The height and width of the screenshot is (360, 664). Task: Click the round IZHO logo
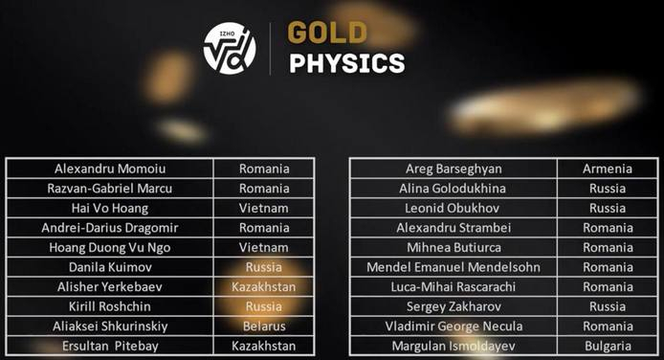230,48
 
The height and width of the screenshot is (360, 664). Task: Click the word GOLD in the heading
327,33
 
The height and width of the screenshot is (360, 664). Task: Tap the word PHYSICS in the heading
348,64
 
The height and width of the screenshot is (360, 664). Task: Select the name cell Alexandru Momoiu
110,169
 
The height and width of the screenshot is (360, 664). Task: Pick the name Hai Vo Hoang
110,208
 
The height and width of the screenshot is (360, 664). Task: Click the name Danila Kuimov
110,267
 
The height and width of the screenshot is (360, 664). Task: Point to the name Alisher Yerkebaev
110,286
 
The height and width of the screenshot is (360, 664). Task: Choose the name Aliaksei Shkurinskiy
110,326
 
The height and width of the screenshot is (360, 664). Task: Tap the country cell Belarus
264,326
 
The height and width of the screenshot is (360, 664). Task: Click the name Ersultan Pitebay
110,346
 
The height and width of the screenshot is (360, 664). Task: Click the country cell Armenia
608,169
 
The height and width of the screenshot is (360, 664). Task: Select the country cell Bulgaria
608,346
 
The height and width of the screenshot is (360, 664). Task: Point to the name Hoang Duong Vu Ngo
110,247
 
